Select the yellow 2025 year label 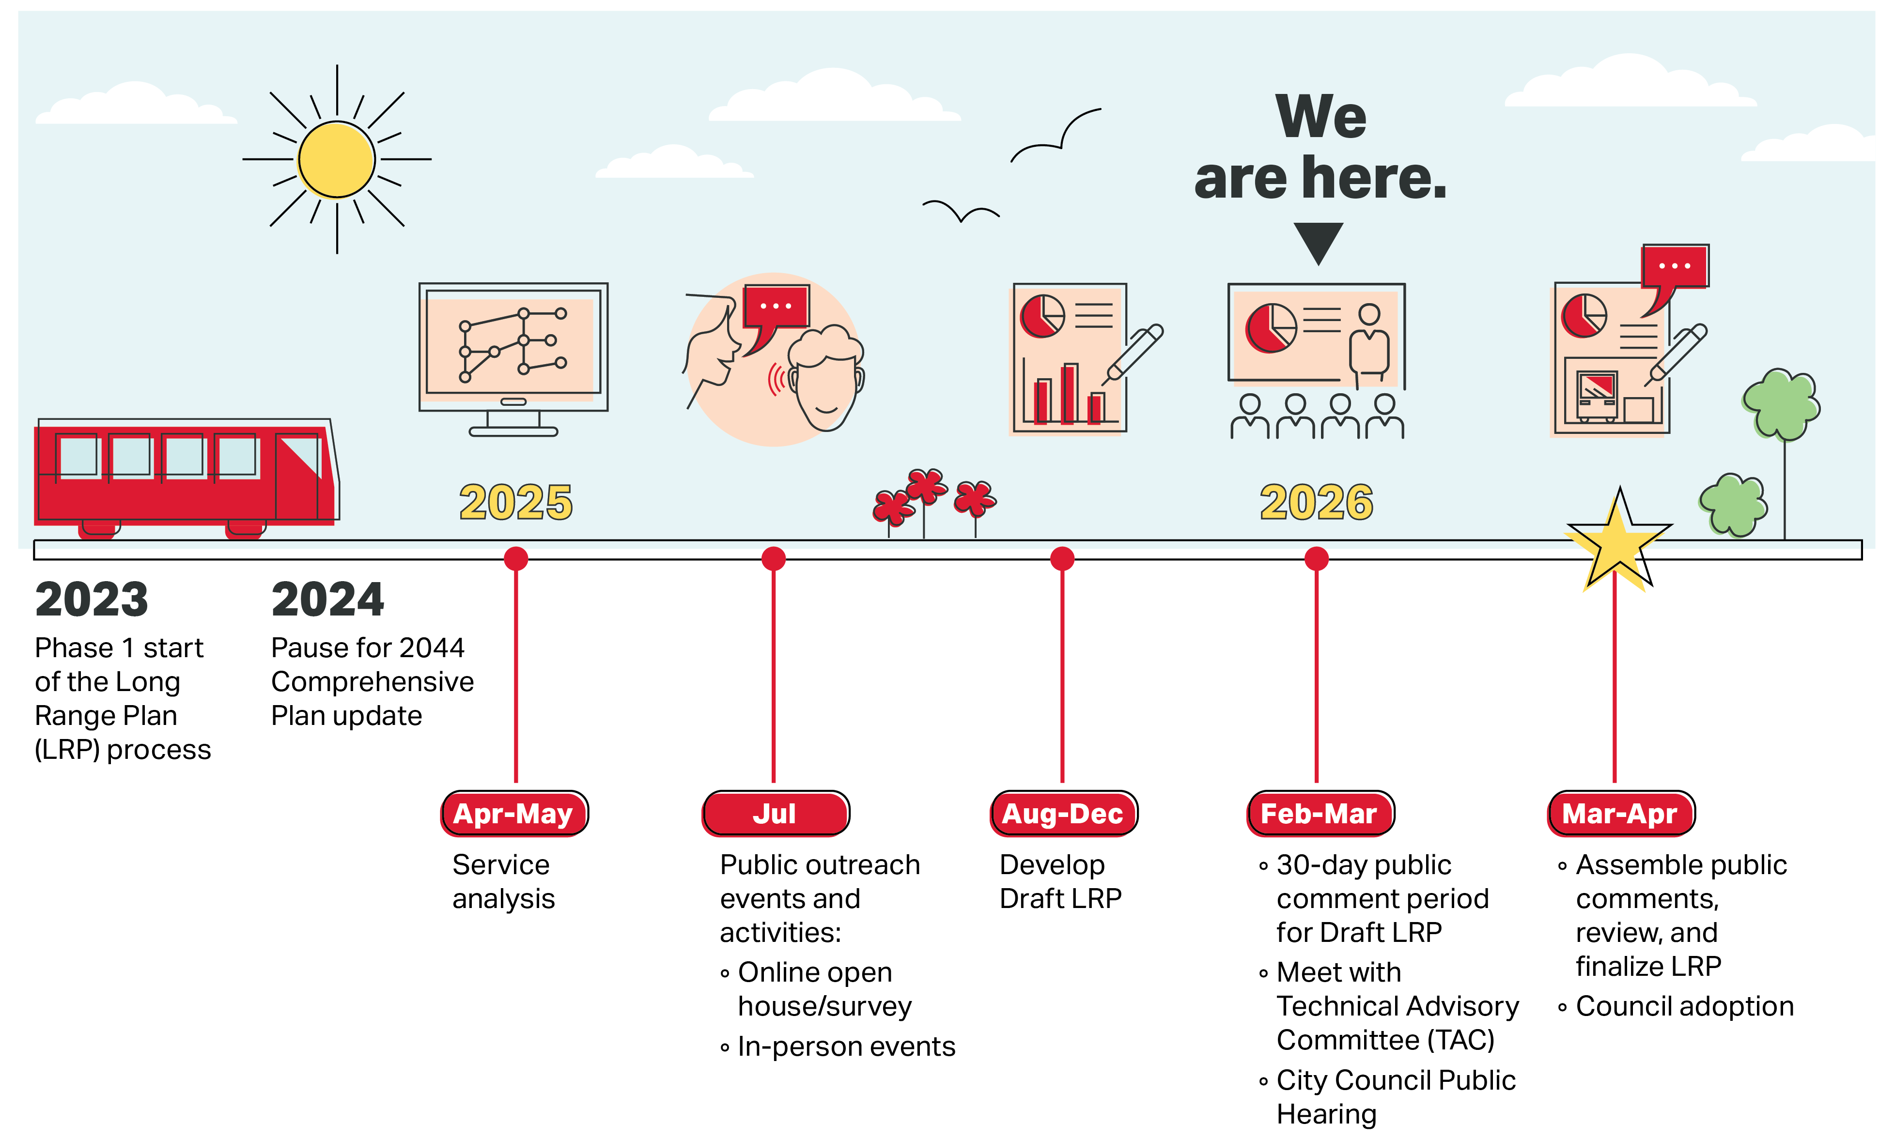[516, 502]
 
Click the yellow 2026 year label [1316, 502]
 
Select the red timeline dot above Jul [774, 559]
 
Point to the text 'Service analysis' [503, 881]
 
